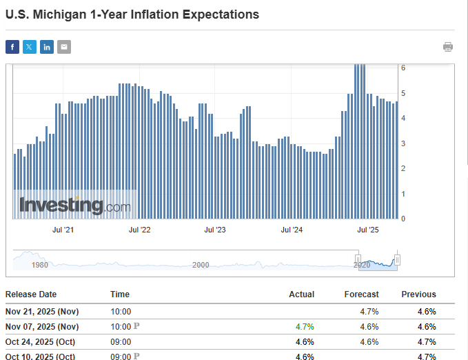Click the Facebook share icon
12,47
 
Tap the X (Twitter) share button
30,47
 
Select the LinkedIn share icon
47,47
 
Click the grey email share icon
64,47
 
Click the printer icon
448,47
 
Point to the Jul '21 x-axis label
63,230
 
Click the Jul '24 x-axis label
292,230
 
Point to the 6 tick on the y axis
403,68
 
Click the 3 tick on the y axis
403,143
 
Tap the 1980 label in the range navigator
40,265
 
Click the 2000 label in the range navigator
201,265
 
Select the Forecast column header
362,294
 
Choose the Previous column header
418,294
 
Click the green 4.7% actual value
304,326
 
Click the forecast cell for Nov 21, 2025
368,312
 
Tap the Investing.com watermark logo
74,205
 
